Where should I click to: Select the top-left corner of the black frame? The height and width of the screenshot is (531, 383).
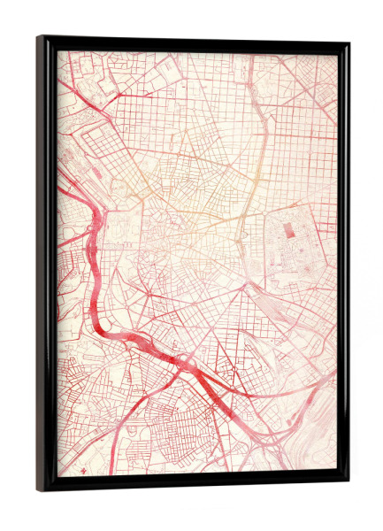coord(40,38)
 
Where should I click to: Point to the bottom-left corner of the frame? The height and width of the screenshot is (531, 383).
coord(40,489)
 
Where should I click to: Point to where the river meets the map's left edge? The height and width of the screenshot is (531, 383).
coord(60,189)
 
